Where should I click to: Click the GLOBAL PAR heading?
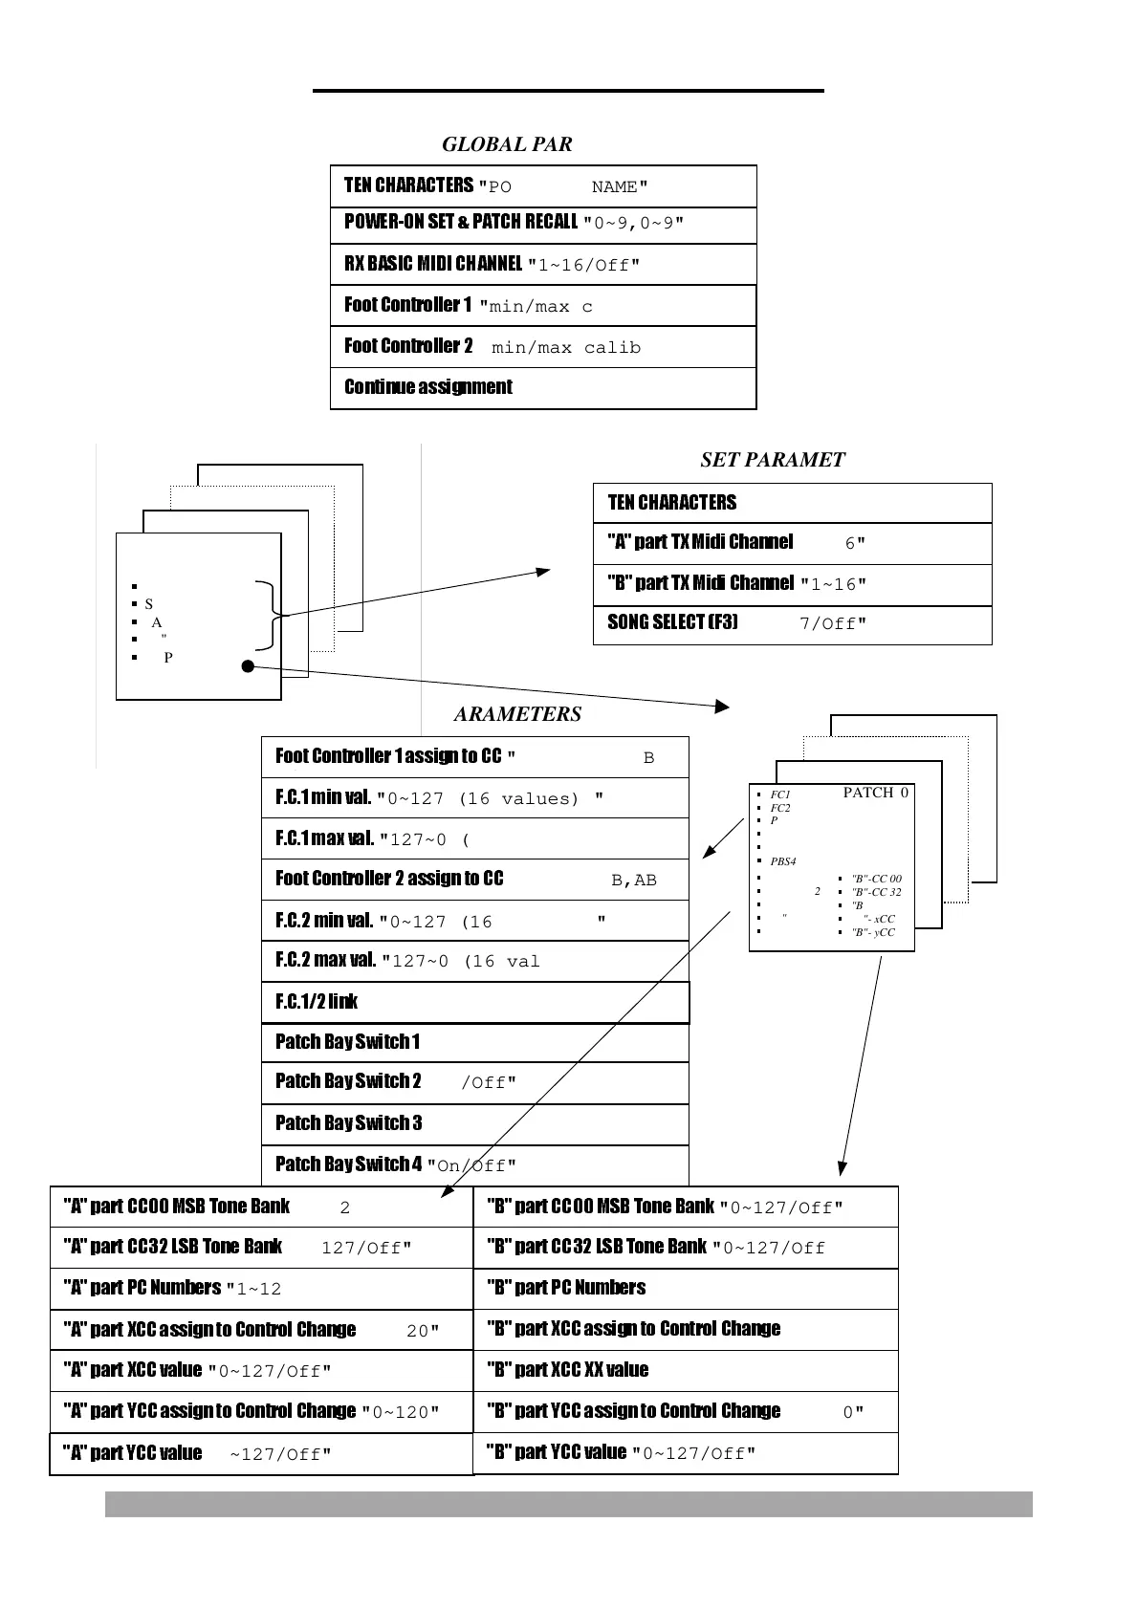click(x=507, y=144)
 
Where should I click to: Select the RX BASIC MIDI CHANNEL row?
click(x=542, y=264)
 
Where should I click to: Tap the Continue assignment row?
click(x=542, y=387)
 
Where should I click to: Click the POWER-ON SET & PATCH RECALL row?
click(x=542, y=223)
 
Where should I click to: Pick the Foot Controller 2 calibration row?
click(x=542, y=346)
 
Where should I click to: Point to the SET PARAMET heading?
click(x=772, y=460)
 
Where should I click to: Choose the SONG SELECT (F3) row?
click(x=792, y=623)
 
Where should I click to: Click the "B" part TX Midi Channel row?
click(x=792, y=583)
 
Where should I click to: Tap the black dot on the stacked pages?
click(x=248, y=666)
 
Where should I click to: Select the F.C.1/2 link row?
click(x=474, y=1002)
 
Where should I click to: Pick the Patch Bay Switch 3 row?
click(x=474, y=1123)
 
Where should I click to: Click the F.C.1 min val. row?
click(x=474, y=797)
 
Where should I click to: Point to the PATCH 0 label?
click(x=875, y=793)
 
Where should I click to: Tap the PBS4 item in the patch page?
click(x=783, y=861)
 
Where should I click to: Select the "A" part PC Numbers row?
click(x=261, y=1288)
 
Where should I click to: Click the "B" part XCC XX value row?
click(x=685, y=1370)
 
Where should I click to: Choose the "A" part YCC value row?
click(x=261, y=1453)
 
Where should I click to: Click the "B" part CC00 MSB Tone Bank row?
click(x=685, y=1207)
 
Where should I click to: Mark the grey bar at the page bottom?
click(x=568, y=1504)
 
